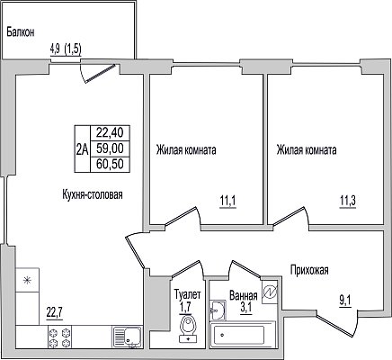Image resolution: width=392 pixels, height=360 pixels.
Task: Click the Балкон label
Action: click(21, 32)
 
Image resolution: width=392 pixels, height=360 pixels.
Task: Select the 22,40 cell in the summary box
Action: click(110, 132)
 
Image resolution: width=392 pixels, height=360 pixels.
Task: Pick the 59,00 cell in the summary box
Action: click(110, 148)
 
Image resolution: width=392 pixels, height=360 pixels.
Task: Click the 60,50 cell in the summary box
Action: click(110, 164)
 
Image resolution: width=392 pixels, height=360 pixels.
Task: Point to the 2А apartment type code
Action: click(83, 148)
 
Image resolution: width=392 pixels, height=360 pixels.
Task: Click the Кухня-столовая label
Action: click(93, 194)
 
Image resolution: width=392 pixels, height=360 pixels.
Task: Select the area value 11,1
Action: click(228, 202)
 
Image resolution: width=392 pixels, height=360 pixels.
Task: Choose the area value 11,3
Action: click(348, 202)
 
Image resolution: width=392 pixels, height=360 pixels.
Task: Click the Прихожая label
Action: click(309, 270)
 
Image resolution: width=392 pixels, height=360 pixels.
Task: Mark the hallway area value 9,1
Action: click(345, 301)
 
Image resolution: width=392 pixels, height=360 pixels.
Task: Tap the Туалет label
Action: click(188, 295)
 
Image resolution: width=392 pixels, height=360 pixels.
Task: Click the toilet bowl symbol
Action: click(188, 328)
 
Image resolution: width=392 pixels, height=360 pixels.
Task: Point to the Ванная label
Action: click(244, 296)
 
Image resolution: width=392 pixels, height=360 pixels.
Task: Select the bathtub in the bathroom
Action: click(243, 335)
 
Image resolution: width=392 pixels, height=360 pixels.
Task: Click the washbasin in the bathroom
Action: click(218, 310)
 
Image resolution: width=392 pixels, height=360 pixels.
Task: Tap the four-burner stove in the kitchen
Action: click(59, 337)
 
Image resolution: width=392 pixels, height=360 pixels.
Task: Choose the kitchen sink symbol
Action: click(127, 337)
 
